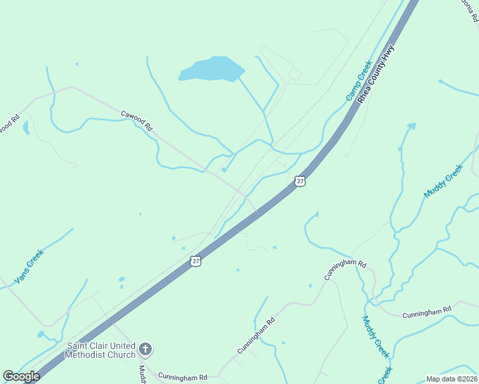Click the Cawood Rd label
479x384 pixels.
tap(136, 121)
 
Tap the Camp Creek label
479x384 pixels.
tap(359, 80)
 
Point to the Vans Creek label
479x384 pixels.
tap(29, 266)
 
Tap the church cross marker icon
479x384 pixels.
tap(146, 349)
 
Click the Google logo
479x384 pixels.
tap(21, 376)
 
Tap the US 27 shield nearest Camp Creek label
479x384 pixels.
tap(300, 181)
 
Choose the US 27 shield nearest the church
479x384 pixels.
tap(196, 260)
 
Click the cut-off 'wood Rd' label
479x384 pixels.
tap(10, 123)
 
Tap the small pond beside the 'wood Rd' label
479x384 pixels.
tap(26, 127)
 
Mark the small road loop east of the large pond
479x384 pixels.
tap(295, 75)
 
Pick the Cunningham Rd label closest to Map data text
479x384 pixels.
tap(426, 313)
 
